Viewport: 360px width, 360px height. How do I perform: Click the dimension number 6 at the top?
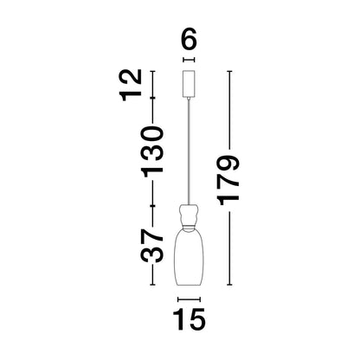pyautogui.click(x=189, y=41)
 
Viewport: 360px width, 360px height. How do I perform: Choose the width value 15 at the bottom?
pyautogui.click(x=189, y=319)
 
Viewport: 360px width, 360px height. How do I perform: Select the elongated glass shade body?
pyautogui.click(x=188, y=255)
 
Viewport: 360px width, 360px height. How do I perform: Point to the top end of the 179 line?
pyautogui.click(x=229, y=72)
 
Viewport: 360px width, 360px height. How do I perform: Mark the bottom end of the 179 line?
pyautogui.click(x=229, y=284)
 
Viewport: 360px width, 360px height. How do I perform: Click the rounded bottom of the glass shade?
pyautogui.click(x=188, y=281)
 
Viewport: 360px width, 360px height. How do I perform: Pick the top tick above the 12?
pyautogui.click(x=152, y=72)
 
